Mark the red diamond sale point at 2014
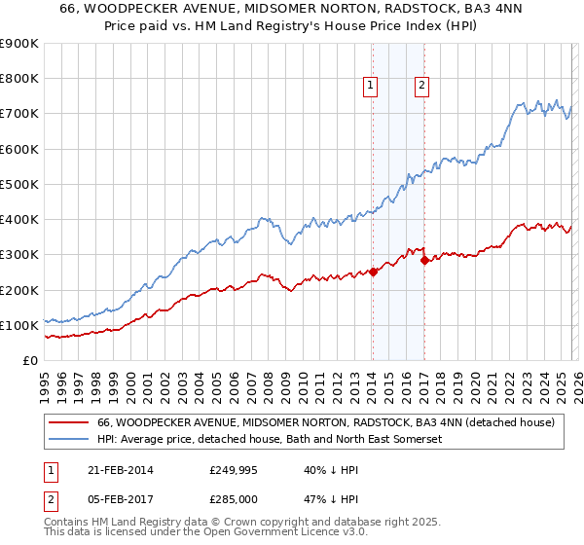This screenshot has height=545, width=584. [373, 272]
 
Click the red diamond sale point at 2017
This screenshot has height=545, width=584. [424, 260]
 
